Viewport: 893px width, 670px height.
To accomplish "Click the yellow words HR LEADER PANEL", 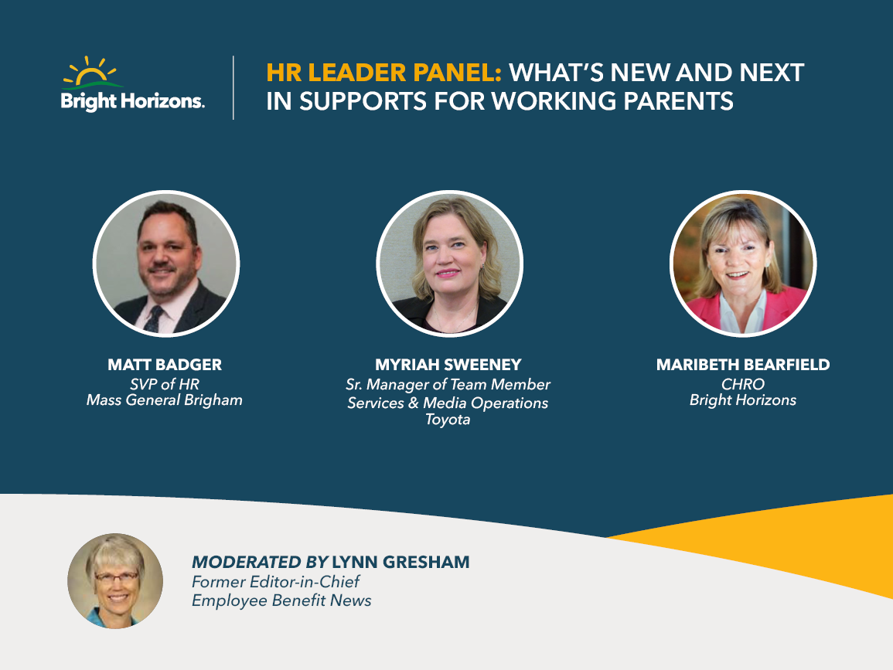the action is (383, 73).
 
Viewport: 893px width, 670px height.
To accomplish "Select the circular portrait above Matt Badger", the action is (166, 264).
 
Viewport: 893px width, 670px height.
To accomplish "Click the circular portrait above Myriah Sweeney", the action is (449, 264).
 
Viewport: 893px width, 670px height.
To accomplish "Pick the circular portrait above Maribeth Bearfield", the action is (743, 264).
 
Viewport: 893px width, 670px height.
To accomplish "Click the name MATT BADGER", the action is (165, 365).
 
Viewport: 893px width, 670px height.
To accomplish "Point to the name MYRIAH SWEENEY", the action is (448, 365).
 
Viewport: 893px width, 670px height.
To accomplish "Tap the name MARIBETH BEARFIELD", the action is (743, 365).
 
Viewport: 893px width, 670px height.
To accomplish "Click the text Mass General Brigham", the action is (165, 401).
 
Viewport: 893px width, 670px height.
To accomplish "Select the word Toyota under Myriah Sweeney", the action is (448, 420).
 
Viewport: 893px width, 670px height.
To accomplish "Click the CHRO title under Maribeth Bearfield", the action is (743, 384).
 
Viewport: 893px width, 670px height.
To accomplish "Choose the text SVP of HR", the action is (165, 384).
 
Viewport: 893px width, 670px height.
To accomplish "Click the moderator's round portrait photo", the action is (115, 580).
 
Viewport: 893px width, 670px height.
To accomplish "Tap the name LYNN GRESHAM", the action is (401, 563).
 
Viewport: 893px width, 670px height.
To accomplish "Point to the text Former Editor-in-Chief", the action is (276, 582).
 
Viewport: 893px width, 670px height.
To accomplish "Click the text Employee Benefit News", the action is (281, 600).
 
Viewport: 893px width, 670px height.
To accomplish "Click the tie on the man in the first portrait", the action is (154, 319).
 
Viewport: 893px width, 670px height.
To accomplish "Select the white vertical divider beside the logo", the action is (233, 87).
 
